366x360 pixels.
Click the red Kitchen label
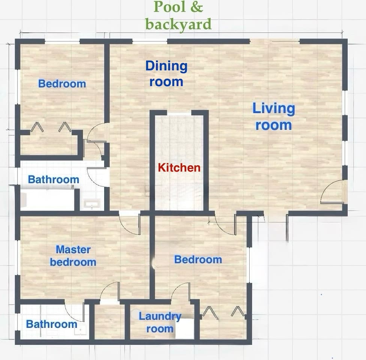[x=179, y=168]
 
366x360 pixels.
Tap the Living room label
[x=274, y=117]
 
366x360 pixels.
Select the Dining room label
[x=166, y=74]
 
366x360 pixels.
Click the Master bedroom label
[x=73, y=255]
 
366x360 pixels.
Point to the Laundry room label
[x=160, y=322]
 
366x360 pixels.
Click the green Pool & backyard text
[x=178, y=16]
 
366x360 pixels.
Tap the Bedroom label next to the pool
[x=62, y=84]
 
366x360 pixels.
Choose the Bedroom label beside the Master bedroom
[x=198, y=259]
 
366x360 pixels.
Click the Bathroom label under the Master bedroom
[x=51, y=324]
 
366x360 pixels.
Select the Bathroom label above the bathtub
[x=54, y=180]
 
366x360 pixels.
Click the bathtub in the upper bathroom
[x=47, y=200]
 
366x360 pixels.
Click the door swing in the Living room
[x=333, y=192]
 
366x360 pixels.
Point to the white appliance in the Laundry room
[x=185, y=328]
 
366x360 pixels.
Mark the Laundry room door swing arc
[x=180, y=292]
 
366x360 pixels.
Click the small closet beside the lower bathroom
[x=109, y=322]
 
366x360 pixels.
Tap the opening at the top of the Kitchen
[x=179, y=113]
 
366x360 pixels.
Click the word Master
[x=73, y=249]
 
